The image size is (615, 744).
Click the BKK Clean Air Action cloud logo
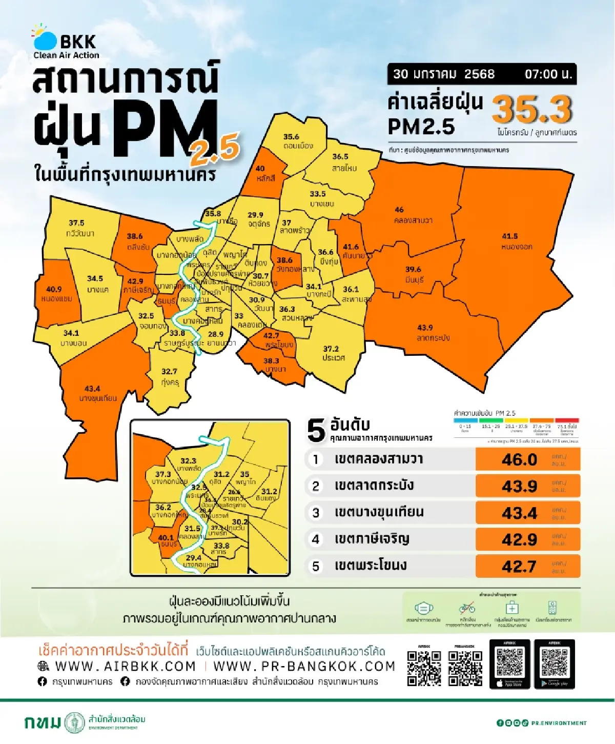45,37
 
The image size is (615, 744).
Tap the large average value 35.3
532,109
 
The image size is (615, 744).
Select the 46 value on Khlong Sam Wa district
399,210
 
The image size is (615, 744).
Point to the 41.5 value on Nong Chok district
509,236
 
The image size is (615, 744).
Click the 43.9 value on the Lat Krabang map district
425,328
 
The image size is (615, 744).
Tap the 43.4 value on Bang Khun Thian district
92,389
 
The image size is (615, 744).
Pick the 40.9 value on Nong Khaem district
54,289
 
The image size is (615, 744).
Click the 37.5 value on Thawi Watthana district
76,223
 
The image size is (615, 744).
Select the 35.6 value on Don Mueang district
291,137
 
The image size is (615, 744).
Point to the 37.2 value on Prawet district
331,349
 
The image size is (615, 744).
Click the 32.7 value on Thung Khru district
169,371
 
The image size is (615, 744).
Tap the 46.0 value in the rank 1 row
519,459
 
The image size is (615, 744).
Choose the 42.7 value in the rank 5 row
519,566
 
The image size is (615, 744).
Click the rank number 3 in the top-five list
316,513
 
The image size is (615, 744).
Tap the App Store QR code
510,662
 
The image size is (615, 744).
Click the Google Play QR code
554,662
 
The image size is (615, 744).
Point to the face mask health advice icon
423,609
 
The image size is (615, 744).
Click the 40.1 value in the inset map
166,538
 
